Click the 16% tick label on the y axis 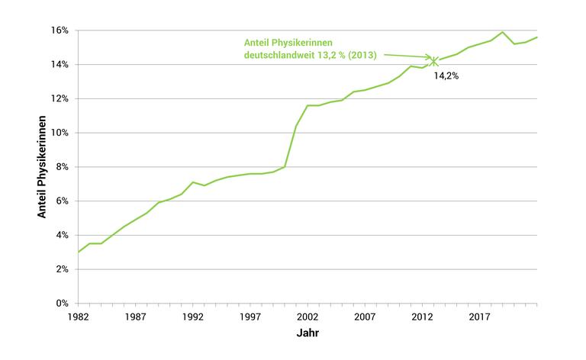pos(60,31)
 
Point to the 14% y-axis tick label pos(60,65)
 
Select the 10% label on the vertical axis pos(60,133)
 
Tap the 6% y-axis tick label pos(62,201)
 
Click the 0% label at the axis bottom pos(62,304)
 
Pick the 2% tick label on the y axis pos(62,269)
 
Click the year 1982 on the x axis pos(79,317)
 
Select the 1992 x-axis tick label pos(193,317)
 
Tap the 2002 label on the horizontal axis pos(307,317)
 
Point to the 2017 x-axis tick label pos(479,317)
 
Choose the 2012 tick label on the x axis pos(422,317)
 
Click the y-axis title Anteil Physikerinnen pos(43,167)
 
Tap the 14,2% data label pos(446,76)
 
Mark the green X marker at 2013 pos(434,60)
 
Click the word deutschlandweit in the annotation pos(282,56)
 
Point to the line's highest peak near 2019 pos(503,32)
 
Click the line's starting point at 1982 pos(79,252)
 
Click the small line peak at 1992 pos(193,182)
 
